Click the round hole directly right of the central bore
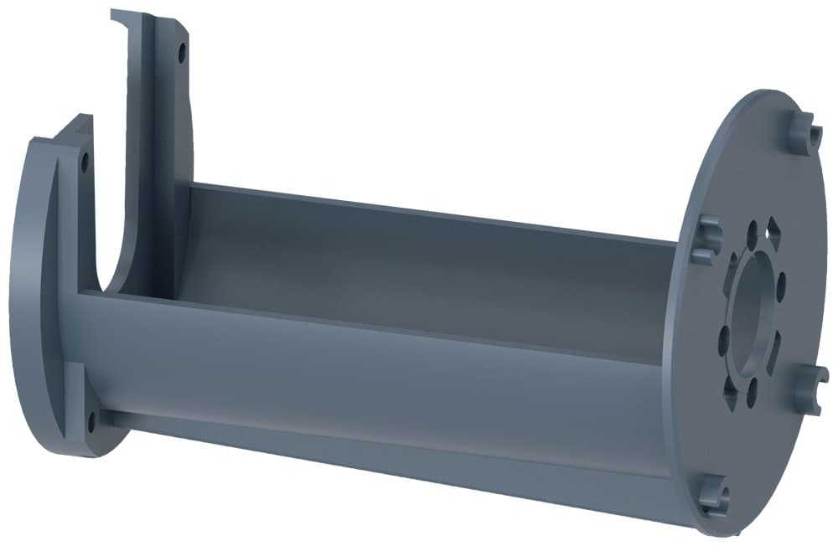tap(782, 286)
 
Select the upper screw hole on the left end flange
tap(84, 162)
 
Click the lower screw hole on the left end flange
tap(91, 416)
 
